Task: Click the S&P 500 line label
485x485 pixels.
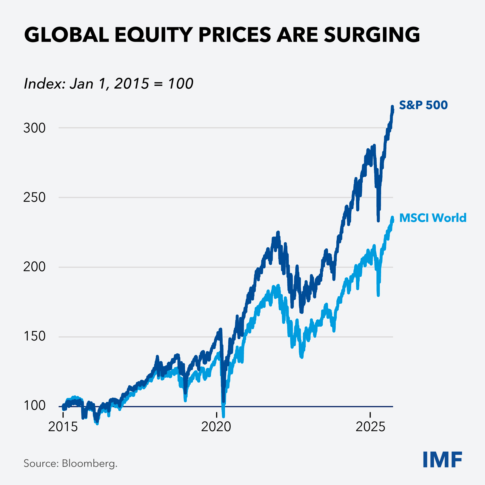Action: (423, 105)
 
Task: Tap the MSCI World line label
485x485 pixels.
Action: (432, 218)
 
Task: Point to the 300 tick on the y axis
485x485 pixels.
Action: (34, 128)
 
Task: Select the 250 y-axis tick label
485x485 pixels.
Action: (34, 197)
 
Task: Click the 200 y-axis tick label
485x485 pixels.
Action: (34, 267)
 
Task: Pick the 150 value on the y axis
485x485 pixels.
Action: (34, 336)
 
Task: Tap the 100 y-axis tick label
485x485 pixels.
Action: (34, 406)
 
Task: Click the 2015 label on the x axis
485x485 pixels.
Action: (63, 427)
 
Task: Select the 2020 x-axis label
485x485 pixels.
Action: (216, 427)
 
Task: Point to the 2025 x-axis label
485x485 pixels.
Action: (370, 427)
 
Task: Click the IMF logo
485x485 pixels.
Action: (442, 460)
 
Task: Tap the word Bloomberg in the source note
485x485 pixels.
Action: (89, 464)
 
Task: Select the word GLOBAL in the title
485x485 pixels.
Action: (67, 35)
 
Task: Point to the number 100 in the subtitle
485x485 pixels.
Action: (180, 84)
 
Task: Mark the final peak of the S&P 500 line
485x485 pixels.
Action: (392, 106)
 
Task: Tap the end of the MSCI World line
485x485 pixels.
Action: (393, 220)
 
